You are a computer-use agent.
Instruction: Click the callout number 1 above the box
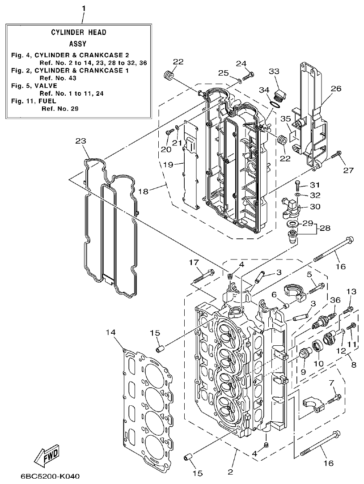83,8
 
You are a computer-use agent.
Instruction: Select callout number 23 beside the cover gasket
80,141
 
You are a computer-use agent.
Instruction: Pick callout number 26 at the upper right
336,89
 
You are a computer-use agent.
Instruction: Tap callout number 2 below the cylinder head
231,472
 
